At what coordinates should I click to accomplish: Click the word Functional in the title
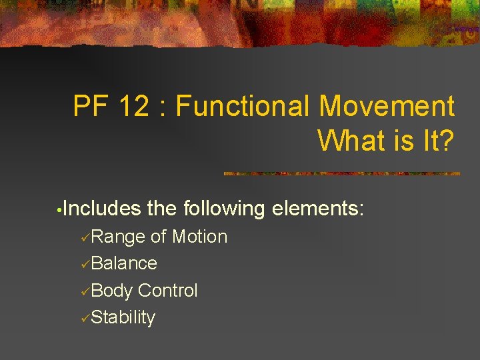point(243,106)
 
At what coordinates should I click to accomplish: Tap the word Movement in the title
point(387,106)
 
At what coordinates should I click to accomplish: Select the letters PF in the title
point(89,106)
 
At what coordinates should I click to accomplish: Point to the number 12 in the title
point(132,106)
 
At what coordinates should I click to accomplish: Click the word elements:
point(318,209)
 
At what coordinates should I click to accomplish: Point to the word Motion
point(199,237)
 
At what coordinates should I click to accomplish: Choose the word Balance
point(124,263)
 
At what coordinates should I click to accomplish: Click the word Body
point(112,291)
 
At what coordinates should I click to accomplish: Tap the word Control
point(168,291)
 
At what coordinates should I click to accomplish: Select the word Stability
point(123,317)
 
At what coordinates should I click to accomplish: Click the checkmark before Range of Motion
point(85,238)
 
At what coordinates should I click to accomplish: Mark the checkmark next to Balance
point(85,265)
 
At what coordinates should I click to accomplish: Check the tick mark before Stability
point(85,319)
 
